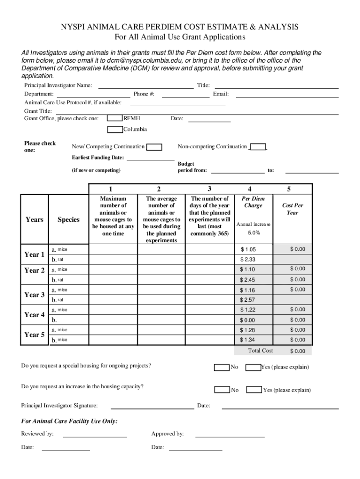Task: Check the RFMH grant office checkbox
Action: click(115, 118)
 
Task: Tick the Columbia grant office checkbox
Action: click(115, 129)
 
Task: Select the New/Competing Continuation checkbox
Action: click(154, 147)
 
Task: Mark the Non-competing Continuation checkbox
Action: click(258, 147)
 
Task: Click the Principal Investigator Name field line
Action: click(145, 86)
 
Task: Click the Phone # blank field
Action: click(186, 94)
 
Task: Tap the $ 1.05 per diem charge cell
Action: click(248, 249)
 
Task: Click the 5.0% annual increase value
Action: click(254, 233)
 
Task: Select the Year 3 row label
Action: click(35, 295)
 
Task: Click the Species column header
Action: click(68, 219)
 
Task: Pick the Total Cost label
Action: click(260, 350)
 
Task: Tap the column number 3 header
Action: click(209, 189)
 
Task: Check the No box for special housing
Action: click(221, 367)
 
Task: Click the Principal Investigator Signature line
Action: click(153, 406)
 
